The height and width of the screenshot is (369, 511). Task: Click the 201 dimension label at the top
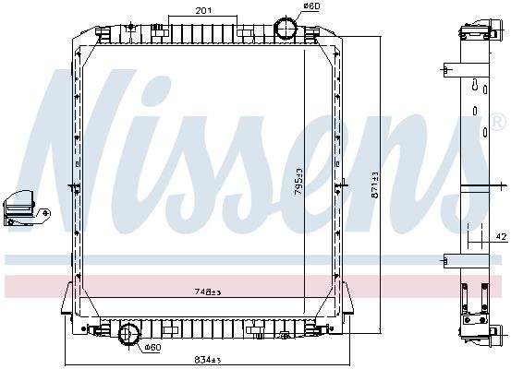point(203,10)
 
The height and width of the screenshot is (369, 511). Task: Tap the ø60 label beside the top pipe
point(312,6)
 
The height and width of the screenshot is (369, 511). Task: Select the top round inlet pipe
point(286,28)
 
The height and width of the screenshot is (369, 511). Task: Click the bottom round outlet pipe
point(129,334)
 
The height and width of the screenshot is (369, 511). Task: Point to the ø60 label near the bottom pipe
point(152,348)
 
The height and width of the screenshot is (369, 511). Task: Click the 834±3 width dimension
point(208,360)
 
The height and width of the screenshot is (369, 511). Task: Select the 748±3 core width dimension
point(208,292)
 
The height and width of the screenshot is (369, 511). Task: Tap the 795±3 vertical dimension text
point(298,182)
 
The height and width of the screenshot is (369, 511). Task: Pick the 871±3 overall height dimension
point(374,184)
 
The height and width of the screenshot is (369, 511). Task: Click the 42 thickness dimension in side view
point(502,236)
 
